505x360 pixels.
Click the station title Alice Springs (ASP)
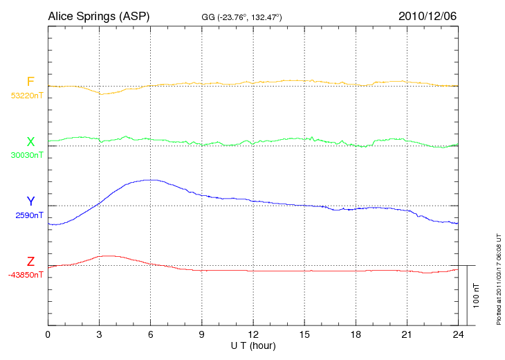[x=98, y=16]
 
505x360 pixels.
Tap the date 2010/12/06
[x=428, y=16]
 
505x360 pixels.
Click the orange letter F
[x=30, y=82]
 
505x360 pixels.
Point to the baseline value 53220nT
[x=26, y=96]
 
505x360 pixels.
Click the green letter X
[x=30, y=142]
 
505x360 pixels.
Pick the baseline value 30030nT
[x=26, y=155]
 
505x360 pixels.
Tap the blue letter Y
[x=30, y=201]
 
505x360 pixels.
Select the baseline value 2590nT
[x=28, y=215]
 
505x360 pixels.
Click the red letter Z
[x=30, y=262]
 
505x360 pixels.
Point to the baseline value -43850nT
[x=26, y=275]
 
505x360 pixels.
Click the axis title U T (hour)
[x=253, y=345]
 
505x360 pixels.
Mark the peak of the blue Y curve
[x=148, y=180]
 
